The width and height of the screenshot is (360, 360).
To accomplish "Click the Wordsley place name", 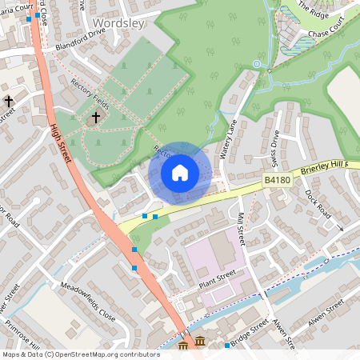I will [118, 23].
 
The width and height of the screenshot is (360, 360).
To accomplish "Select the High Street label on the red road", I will [60, 144].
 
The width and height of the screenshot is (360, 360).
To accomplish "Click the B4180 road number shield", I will [276, 182].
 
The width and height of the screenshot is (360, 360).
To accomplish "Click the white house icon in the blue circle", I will [179, 172].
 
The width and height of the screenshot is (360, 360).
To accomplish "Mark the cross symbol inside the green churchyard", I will [96, 118].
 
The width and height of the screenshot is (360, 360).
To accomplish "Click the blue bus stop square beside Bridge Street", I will [227, 346].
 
